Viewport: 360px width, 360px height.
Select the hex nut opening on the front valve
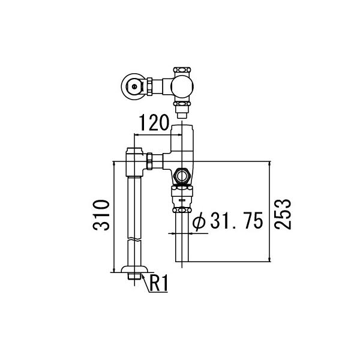tap(182, 176)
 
